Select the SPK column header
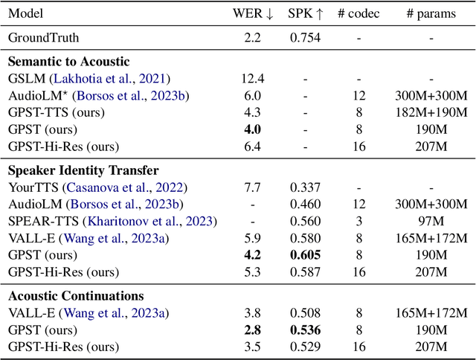[306, 13]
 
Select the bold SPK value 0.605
[306, 254]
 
